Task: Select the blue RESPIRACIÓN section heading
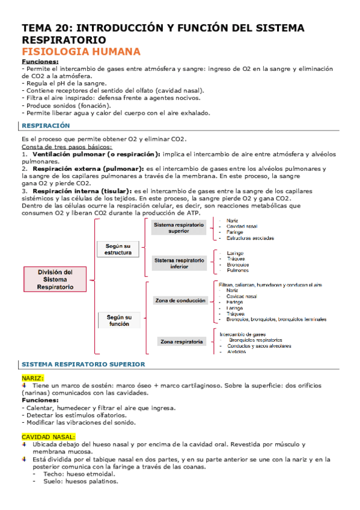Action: (x=46, y=126)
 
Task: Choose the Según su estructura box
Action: (x=118, y=249)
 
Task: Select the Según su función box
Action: (x=119, y=320)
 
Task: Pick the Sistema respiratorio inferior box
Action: (x=179, y=263)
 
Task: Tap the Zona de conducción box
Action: (x=179, y=300)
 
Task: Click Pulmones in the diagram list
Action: (x=237, y=270)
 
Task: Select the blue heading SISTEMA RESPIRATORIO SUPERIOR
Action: (x=83, y=364)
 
